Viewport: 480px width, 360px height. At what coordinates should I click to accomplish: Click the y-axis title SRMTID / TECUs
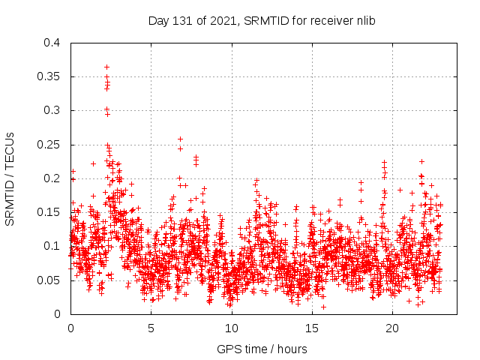10,178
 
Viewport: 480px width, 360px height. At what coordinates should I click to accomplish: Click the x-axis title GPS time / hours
262,349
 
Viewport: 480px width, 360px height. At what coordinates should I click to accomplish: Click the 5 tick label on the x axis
151,328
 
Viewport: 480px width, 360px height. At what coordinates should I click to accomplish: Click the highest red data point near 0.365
106,67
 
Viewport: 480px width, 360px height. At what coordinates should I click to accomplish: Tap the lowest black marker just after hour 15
323,307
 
